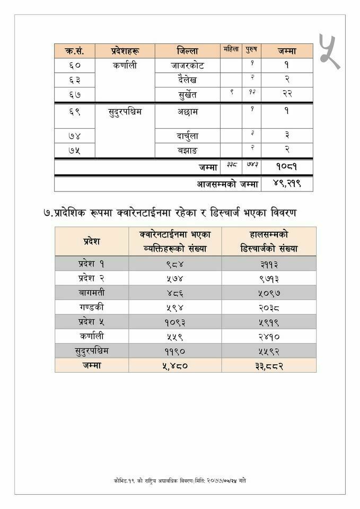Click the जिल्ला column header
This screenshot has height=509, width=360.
coord(187,51)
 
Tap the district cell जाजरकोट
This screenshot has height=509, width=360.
coord(187,66)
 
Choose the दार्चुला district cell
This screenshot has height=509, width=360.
coord(188,136)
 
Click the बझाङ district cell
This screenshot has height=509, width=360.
coord(188,150)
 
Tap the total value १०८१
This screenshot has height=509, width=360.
coord(286,166)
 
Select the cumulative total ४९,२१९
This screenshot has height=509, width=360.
coord(286,184)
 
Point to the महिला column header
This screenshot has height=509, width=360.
coord(231,50)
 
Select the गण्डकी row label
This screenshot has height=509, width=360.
coord(92,306)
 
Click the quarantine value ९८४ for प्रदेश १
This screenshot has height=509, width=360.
coord(175,264)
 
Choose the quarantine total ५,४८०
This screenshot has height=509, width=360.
coord(175,366)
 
